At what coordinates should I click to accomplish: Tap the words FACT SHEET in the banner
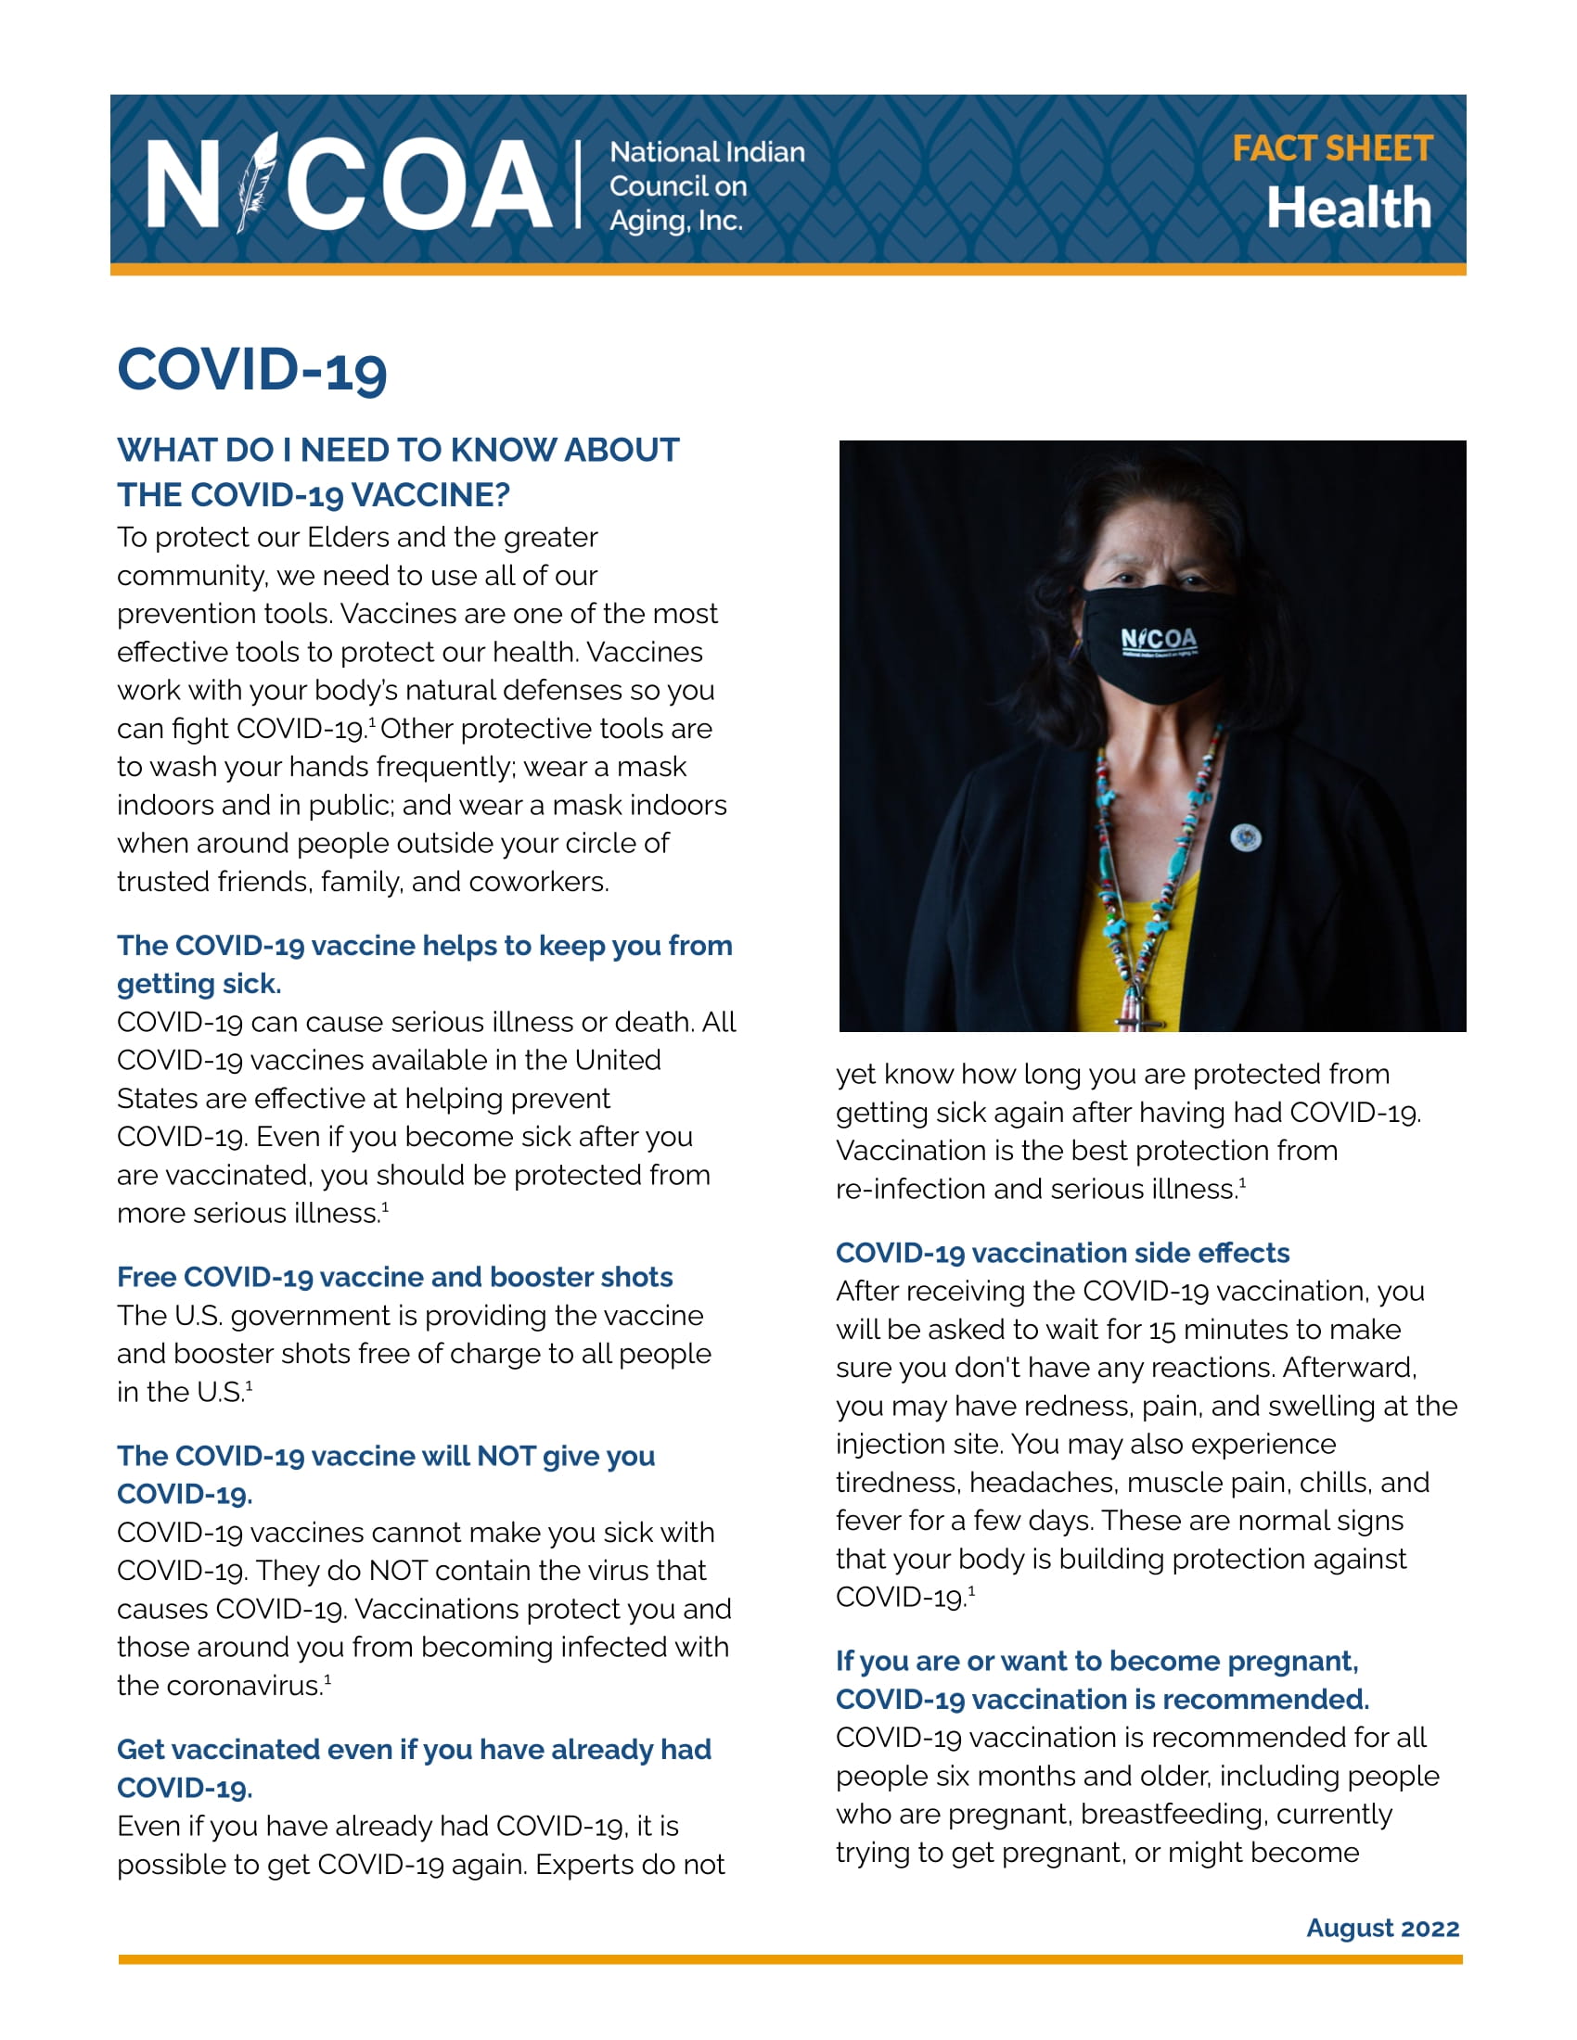(1331, 148)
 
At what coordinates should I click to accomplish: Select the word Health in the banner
(1348, 208)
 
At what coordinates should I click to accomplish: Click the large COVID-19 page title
(252, 370)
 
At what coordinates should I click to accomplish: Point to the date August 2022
(1382, 1928)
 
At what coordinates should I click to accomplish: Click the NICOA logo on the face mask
(1159, 639)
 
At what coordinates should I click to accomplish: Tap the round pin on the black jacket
(1244, 838)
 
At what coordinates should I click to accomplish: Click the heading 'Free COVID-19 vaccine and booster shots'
(394, 1277)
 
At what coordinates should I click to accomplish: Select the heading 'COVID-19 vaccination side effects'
(1062, 1253)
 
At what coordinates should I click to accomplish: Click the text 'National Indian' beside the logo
(707, 152)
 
